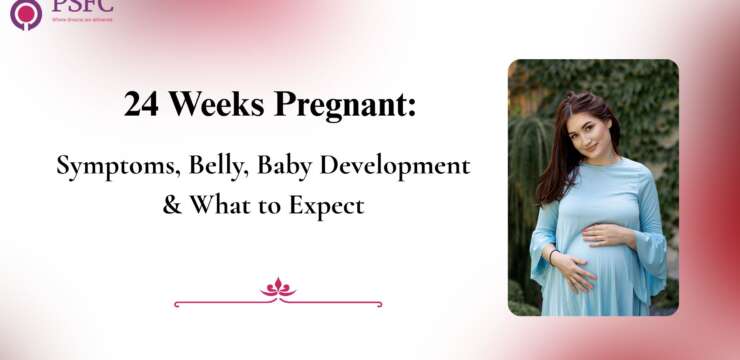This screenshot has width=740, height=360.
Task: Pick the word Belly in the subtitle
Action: click(x=216, y=167)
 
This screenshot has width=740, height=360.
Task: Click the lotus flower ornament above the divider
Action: click(x=278, y=288)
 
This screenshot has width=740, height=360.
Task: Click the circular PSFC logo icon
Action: click(x=25, y=13)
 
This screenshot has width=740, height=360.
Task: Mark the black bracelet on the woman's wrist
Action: click(x=552, y=257)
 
